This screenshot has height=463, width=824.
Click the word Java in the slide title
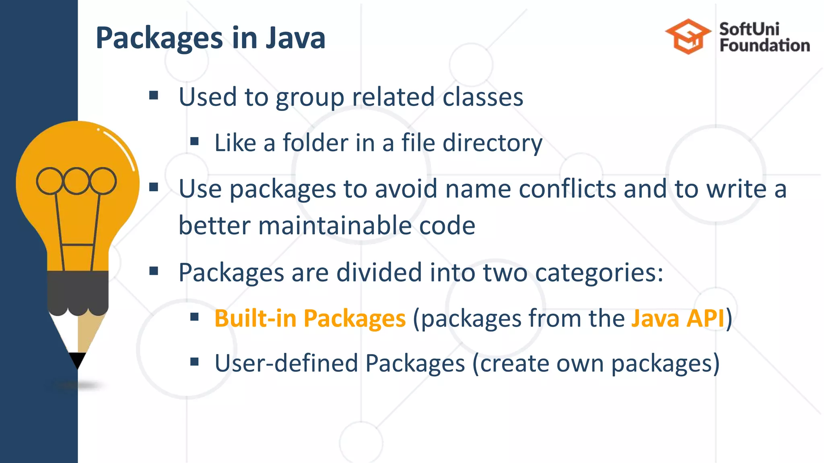pos(295,38)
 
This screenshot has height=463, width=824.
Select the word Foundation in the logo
pos(764,45)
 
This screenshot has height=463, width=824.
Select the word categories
pos(595,273)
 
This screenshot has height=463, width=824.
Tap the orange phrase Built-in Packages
pos(310,318)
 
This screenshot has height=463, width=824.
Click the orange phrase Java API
pos(678,318)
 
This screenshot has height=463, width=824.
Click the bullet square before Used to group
pos(153,96)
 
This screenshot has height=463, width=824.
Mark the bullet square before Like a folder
pos(195,141)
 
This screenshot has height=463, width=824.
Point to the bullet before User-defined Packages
pos(195,362)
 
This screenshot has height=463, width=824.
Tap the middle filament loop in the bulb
pos(76,181)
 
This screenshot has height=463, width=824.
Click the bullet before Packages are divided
pos(153,271)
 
